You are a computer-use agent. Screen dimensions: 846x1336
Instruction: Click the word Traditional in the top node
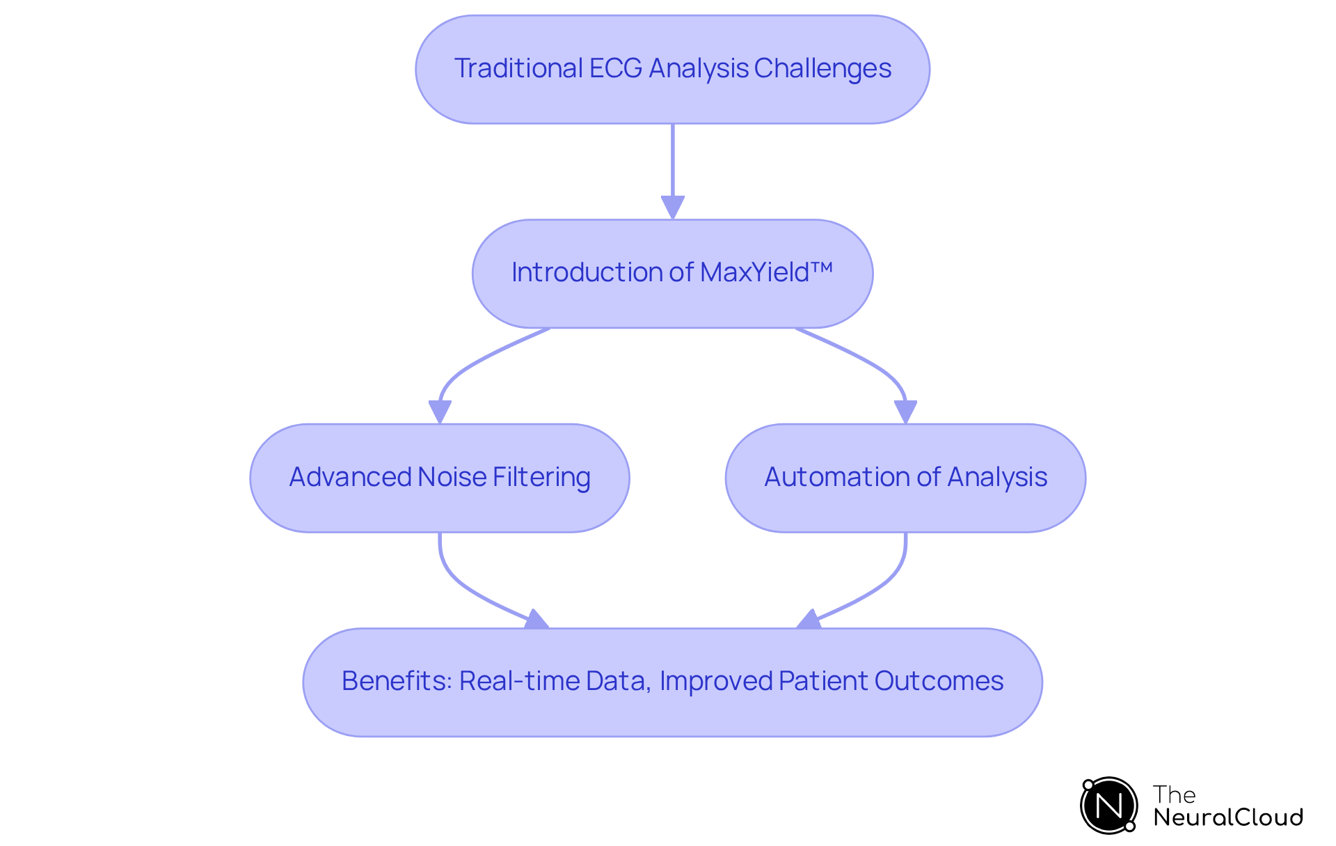[x=518, y=68]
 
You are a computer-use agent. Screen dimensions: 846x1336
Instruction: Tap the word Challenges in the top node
[x=822, y=68]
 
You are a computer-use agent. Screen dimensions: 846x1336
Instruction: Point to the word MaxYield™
[x=766, y=272]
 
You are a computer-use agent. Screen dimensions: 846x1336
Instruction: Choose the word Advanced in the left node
[x=350, y=477]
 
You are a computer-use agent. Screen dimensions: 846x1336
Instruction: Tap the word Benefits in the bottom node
[x=396, y=681]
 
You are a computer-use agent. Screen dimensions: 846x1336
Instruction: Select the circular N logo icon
[x=1108, y=806]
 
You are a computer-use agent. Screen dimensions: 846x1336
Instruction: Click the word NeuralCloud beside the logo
[x=1227, y=817]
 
